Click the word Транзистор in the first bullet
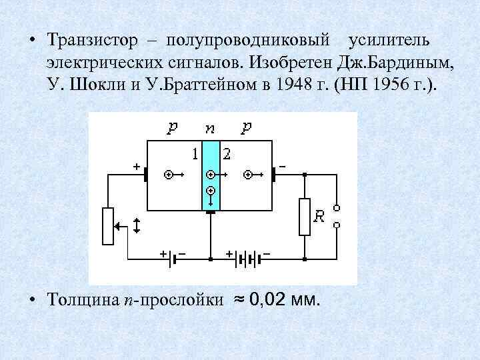click(x=92, y=41)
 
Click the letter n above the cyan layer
click(x=210, y=129)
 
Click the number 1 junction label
click(x=194, y=154)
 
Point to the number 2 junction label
click(x=227, y=154)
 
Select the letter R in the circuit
click(x=320, y=216)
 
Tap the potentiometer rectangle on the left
click(x=107, y=225)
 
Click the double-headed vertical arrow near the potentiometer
click(x=137, y=225)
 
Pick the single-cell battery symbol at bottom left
click(x=173, y=257)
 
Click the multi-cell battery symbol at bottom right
click(x=247, y=257)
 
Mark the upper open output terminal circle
click(x=337, y=207)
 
